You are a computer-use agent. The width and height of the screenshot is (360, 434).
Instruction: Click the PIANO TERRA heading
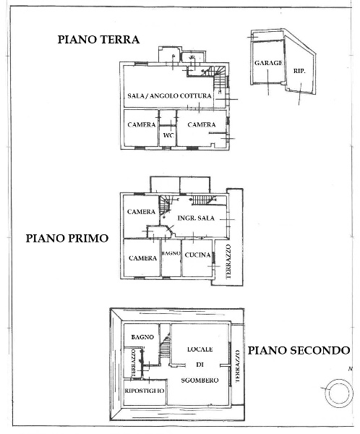click(98, 39)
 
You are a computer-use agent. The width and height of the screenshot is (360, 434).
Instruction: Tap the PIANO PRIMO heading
click(67, 238)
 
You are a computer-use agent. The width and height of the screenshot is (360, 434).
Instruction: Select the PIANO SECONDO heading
click(299, 350)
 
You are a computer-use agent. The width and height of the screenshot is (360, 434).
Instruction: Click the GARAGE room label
click(268, 63)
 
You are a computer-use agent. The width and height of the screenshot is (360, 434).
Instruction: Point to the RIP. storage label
click(299, 71)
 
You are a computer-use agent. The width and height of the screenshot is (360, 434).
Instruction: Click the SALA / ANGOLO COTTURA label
click(170, 95)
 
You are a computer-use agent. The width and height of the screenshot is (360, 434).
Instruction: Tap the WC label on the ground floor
click(168, 135)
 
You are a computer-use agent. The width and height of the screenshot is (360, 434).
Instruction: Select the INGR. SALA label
click(196, 218)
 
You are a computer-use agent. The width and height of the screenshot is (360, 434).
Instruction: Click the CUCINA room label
click(197, 255)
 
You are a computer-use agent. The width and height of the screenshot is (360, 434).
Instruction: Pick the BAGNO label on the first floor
click(171, 253)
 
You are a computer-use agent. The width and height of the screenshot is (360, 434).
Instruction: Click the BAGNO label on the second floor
click(142, 337)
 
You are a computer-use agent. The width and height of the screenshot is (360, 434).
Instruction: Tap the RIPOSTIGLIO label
click(145, 391)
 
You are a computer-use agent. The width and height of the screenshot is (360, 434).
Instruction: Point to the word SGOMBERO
click(200, 380)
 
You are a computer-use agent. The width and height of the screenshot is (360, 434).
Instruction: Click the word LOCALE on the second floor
click(200, 349)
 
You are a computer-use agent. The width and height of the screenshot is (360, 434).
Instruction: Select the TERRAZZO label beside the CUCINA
click(228, 262)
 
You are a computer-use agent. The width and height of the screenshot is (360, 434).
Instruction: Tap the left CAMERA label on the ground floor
click(142, 124)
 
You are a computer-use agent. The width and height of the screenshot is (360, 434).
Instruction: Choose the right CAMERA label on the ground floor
click(202, 124)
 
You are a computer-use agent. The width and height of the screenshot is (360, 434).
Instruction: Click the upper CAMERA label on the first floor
click(141, 212)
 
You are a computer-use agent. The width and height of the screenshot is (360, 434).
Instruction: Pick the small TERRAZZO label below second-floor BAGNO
click(134, 363)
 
